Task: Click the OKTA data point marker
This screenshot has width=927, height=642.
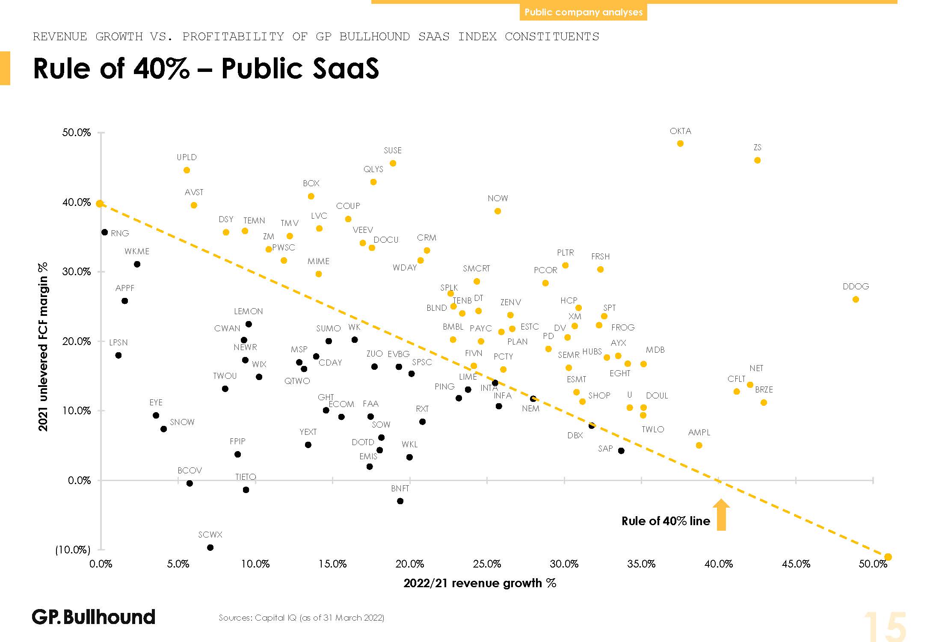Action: [x=680, y=143]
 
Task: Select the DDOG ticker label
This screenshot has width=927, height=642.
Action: [x=856, y=286]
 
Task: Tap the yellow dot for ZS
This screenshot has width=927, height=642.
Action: [x=757, y=160]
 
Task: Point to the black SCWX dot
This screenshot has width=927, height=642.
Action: [x=210, y=547]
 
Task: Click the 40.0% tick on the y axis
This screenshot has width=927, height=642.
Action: [x=77, y=202]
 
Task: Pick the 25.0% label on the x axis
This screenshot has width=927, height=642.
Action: [x=487, y=564]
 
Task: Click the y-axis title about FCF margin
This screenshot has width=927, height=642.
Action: [x=43, y=347]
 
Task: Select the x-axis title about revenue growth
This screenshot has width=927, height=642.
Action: [x=480, y=583]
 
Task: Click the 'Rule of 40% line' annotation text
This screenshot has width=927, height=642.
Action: [x=665, y=521]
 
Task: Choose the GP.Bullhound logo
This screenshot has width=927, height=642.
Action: [x=93, y=617]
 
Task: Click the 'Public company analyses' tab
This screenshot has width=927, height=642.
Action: [x=583, y=12]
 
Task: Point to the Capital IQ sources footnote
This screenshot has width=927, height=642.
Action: [x=301, y=618]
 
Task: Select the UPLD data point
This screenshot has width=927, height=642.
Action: [x=187, y=170]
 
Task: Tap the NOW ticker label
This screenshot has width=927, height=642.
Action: [x=498, y=198]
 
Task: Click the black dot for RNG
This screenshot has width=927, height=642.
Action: [x=104, y=232]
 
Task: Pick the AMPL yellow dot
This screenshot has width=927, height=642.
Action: [x=699, y=446]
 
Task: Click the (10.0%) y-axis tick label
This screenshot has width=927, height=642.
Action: [x=73, y=550]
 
